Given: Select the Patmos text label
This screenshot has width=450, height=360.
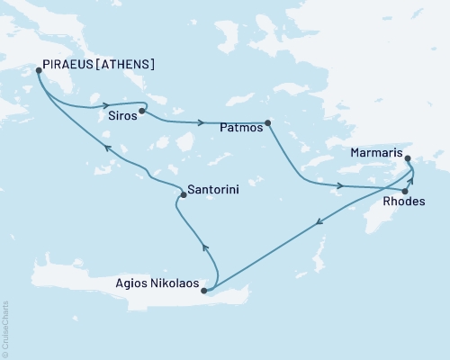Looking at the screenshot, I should tap(241, 129).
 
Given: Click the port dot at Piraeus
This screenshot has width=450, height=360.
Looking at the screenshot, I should tap(39, 69).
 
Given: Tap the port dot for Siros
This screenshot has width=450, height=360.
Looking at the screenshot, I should tap(142, 112).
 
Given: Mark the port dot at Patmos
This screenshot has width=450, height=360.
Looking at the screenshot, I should tap(268, 123).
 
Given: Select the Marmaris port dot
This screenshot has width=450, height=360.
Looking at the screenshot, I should tap(409, 160).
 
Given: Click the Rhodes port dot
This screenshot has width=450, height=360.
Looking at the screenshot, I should tap(406, 192).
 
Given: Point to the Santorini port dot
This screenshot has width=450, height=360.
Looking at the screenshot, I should tap(183, 194).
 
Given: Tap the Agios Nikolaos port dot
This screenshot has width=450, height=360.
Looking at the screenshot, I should tap(205, 291).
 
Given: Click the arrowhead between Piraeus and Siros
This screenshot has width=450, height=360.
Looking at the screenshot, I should tap(106, 103).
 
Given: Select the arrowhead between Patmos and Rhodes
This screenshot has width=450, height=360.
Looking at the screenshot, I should tap(339, 186).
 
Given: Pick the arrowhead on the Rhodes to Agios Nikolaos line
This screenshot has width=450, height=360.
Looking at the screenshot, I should tap(318, 223).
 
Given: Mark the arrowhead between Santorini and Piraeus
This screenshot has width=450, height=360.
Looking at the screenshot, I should tap(106, 148).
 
